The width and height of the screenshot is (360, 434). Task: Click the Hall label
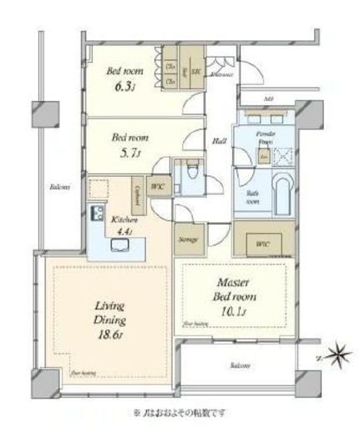tap(221, 140)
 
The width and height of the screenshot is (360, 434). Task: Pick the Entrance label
tap(221, 75)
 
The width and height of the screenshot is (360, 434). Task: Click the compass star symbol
tap(339, 357)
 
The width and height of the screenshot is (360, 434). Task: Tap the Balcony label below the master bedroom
tap(240, 365)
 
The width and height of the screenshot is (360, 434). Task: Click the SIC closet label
tap(195, 71)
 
